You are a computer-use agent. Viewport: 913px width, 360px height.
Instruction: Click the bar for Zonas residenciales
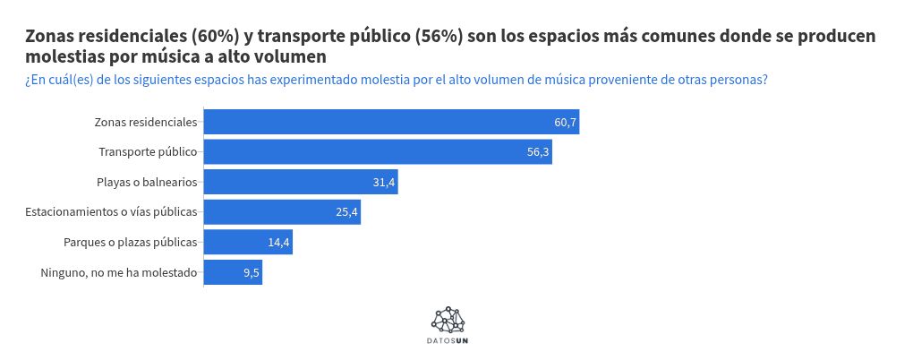tap(391, 122)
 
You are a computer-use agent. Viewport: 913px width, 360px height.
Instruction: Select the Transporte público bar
tap(378, 152)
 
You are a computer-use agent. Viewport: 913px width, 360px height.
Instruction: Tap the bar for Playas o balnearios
tap(301, 183)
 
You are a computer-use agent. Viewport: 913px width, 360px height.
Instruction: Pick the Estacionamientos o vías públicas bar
tap(282, 212)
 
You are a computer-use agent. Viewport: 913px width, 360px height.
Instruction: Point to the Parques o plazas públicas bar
tap(248, 243)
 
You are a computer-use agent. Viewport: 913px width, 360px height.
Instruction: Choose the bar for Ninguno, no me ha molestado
tap(233, 272)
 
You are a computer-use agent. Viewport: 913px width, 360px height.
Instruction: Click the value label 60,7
tap(565, 123)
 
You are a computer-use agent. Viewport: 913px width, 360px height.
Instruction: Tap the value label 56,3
tap(538, 152)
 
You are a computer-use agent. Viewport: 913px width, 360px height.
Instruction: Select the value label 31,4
tap(384, 183)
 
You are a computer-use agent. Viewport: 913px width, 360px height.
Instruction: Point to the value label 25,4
tap(346, 212)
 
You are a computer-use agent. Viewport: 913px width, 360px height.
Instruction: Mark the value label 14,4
tap(278, 243)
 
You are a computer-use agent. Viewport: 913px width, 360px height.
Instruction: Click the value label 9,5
tap(252, 273)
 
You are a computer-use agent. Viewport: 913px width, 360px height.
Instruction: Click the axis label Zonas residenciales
tap(146, 123)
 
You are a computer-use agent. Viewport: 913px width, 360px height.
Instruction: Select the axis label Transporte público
tap(148, 152)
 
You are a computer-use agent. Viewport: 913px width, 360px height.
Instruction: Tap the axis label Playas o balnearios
tap(147, 183)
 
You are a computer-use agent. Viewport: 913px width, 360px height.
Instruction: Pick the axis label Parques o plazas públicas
tap(131, 243)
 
